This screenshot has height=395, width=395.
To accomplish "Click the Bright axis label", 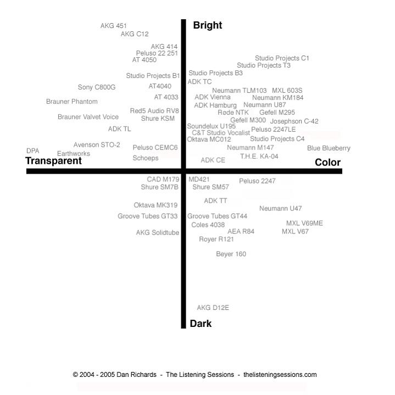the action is pyautogui.click(x=208, y=25).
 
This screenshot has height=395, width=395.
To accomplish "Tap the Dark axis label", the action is pyautogui.click(x=201, y=324).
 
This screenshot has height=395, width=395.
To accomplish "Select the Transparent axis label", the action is pyautogui.click(x=53, y=161).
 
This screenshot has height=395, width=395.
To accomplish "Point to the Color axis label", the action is pyautogui.click(x=328, y=162).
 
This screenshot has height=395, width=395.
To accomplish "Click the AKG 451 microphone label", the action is pyautogui.click(x=113, y=26).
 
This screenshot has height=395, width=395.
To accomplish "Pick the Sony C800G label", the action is pyautogui.click(x=97, y=87).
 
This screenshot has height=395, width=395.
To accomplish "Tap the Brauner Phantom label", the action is pyautogui.click(x=72, y=102).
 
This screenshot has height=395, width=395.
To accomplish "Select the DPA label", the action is pyautogui.click(x=33, y=151).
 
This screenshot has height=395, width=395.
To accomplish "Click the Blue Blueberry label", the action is pyautogui.click(x=329, y=148).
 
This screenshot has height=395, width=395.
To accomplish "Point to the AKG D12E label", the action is pyautogui.click(x=213, y=308).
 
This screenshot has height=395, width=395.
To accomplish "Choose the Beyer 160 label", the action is pyautogui.click(x=231, y=254).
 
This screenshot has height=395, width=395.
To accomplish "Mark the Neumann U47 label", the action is pyautogui.click(x=281, y=208).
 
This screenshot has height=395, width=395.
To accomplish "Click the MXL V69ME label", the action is pyautogui.click(x=304, y=223).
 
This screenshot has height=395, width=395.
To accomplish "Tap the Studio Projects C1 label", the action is pyautogui.click(x=282, y=58).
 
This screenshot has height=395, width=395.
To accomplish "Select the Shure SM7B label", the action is pyautogui.click(x=160, y=187).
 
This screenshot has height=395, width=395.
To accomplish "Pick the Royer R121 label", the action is pyautogui.click(x=216, y=239).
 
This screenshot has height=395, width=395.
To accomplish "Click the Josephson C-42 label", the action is pyautogui.click(x=294, y=121).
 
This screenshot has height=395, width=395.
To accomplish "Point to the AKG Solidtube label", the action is pyautogui.click(x=158, y=232).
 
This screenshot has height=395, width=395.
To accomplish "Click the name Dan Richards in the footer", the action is pyautogui.click(x=137, y=375).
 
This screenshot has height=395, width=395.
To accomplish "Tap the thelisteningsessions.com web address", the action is pyautogui.click(x=280, y=375).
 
